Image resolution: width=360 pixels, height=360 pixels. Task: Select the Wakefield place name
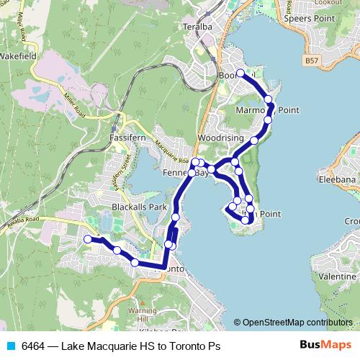pos(18,55)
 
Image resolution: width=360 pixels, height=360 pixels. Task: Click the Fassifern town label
pos(128,135)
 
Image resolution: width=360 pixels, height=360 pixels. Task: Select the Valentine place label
pos(338,276)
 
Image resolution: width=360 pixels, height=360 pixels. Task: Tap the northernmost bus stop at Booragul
pos(240,74)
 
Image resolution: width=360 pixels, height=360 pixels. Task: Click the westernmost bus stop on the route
pos(88,239)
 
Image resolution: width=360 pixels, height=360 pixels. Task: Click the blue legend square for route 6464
pos(10,346)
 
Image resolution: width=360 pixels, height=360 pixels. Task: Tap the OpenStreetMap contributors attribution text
pos(297,322)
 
